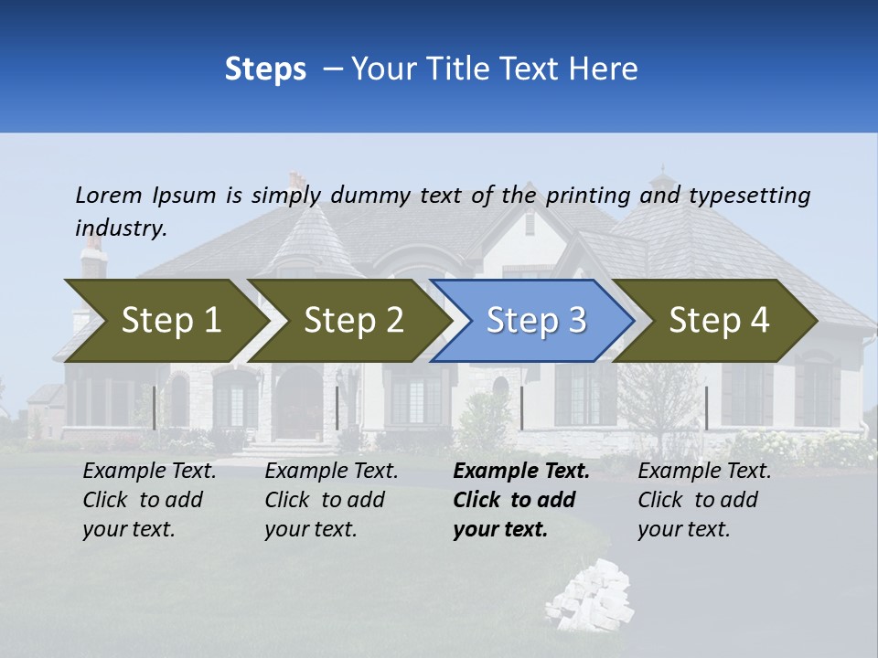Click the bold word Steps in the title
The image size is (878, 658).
(x=265, y=69)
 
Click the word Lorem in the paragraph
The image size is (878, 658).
(x=109, y=195)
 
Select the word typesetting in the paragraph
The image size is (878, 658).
(x=749, y=195)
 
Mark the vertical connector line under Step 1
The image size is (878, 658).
(x=155, y=408)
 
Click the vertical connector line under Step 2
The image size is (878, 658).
(x=337, y=408)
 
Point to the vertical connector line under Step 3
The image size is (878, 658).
(x=521, y=408)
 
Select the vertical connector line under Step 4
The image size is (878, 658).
(x=706, y=408)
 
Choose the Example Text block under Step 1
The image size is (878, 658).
(x=149, y=500)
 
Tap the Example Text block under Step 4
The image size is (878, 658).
(x=704, y=500)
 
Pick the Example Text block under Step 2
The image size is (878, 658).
(x=331, y=500)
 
